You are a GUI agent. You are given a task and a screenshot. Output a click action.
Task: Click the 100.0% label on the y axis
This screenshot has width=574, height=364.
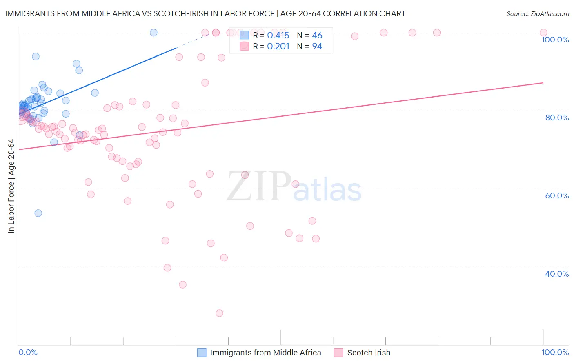555,40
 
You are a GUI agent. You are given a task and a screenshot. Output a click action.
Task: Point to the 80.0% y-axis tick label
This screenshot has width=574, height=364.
557,118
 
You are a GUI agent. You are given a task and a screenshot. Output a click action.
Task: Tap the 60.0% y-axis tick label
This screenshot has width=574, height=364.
557,195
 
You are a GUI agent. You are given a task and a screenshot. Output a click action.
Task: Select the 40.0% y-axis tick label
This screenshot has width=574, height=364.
557,274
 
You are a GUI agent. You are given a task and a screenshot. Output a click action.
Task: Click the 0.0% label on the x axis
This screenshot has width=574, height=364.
28,352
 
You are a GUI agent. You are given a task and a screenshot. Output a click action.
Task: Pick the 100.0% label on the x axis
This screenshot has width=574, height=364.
555,352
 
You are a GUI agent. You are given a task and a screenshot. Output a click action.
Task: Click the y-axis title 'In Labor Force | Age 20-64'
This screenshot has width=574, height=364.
11,186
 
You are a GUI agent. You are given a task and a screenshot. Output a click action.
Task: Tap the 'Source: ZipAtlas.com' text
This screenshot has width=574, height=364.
537,14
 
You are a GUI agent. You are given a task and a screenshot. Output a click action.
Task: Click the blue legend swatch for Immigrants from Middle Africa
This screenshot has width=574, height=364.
202,353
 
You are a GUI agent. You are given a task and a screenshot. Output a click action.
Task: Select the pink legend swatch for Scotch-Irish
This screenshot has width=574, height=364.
338,353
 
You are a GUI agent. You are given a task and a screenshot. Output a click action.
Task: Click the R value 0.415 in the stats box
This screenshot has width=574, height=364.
278,36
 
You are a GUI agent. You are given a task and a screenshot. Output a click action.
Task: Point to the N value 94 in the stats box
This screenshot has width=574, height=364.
317,47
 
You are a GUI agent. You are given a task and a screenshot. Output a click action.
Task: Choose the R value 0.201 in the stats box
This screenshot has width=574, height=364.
278,47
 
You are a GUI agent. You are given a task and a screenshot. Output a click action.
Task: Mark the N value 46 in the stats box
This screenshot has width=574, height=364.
317,36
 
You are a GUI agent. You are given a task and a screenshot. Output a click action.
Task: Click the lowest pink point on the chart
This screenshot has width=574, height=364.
219,313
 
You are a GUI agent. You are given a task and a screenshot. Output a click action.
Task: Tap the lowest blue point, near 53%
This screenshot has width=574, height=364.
38,213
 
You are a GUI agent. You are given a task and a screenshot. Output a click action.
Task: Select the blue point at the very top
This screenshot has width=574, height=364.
154,33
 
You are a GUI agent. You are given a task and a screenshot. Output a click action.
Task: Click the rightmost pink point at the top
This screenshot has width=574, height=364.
543,33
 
